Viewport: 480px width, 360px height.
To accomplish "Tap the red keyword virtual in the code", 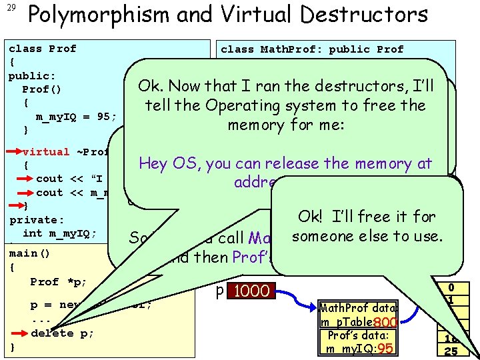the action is pos(45,151).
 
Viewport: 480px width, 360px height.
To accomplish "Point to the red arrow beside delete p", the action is pos(21,333).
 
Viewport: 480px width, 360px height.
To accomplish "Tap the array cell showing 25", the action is pos(451,351).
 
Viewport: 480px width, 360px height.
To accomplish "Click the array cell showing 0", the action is pos(451,287).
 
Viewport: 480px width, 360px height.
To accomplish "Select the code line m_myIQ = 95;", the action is pos(75,116).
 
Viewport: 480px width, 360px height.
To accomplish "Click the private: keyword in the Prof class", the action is pos(37,219).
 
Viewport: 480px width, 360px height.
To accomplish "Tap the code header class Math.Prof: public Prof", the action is pos(312,49).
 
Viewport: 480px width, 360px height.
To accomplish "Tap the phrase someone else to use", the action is pos(367,235).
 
